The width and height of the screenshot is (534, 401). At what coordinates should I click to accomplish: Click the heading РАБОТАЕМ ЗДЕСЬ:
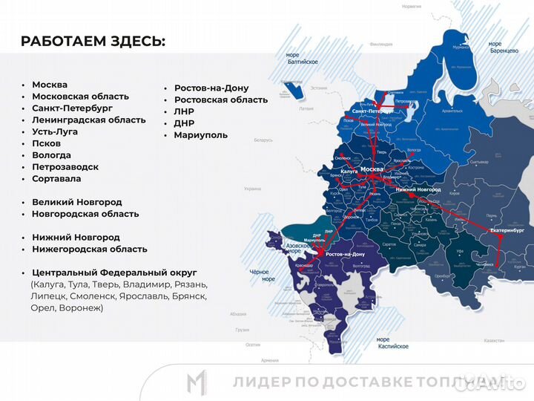click(x=93, y=41)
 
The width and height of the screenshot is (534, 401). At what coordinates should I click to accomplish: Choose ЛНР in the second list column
click(x=184, y=111)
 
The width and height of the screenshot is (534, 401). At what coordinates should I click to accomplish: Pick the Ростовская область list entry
click(x=221, y=100)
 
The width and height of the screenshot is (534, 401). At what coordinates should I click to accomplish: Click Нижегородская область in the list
click(x=89, y=250)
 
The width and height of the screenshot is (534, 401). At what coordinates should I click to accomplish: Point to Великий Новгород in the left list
click(x=76, y=202)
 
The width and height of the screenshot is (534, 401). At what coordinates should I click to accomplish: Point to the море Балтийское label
click(x=302, y=58)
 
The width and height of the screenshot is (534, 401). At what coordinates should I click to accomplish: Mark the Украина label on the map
click(x=253, y=189)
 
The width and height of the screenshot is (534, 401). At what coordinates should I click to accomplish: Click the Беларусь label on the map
click(x=263, y=140)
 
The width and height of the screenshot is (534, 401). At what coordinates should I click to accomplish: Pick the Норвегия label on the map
click(x=411, y=5)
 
